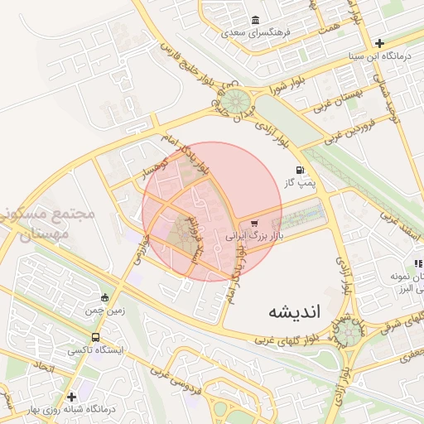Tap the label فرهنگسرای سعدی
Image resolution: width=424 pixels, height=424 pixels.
(x=255, y=35)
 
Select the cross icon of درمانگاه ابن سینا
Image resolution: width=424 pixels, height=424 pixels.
(x=379, y=43)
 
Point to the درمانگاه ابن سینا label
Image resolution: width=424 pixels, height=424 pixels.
(x=379, y=56)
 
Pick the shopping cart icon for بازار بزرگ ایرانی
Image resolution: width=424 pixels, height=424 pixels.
(x=254, y=223)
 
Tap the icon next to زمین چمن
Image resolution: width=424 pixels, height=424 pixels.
(x=104, y=298)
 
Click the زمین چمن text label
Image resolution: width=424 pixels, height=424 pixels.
(x=104, y=311)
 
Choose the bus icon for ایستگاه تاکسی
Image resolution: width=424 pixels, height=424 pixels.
(x=96, y=338)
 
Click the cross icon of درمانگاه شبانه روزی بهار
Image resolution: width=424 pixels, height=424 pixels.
(x=72, y=397)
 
